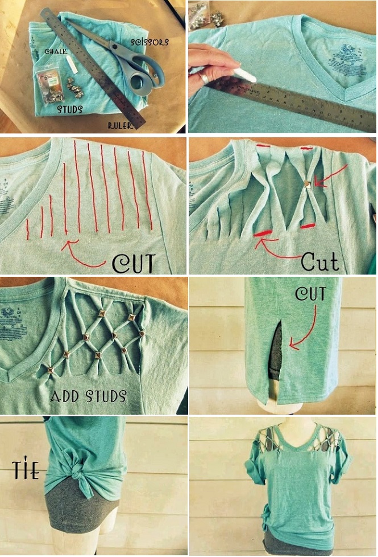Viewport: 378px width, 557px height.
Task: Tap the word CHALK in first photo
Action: coord(56,51)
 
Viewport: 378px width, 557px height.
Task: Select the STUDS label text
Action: coord(70,108)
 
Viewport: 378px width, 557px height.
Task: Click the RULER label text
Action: coord(121,125)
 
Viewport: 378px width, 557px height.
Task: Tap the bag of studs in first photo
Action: coord(50,85)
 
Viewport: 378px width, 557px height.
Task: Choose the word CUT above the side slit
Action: coord(310,294)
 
